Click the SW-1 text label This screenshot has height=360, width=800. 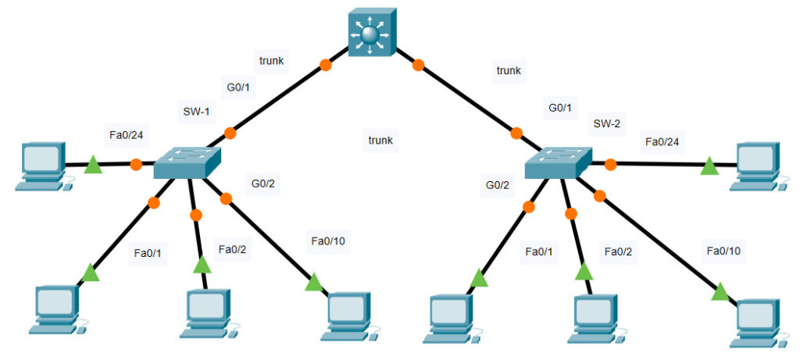click(196, 112)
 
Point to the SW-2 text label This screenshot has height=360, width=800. click(606, 123)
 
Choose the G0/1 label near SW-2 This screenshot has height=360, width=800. click(561, 108)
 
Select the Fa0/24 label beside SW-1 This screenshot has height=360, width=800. click(126, 135)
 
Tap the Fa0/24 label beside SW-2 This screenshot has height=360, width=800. click(662, 141)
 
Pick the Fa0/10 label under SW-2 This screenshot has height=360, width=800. click(723, 251)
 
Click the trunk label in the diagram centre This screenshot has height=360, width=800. click(380, 141)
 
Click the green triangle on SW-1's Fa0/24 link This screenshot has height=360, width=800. click(92, 165)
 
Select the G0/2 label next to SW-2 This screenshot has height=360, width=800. click(497, 185)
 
